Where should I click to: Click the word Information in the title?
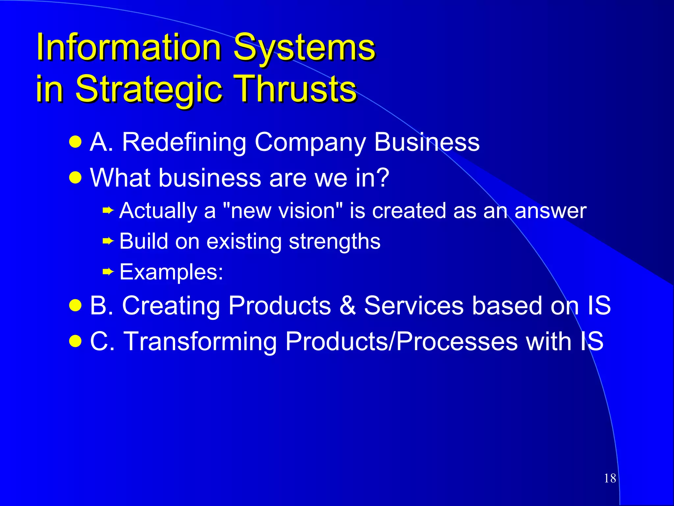128,48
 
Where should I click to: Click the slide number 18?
610,478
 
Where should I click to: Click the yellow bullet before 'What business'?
75,178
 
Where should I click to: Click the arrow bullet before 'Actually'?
108,210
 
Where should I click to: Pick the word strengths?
334,242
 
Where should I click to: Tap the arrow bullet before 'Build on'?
108,241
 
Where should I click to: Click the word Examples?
171,272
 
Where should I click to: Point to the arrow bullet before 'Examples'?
108,272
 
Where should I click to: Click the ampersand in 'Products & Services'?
348,306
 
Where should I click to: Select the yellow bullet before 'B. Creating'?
75,305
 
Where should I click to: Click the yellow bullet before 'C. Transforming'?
75,341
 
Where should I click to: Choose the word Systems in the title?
304,48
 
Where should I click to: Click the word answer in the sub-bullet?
550,211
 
